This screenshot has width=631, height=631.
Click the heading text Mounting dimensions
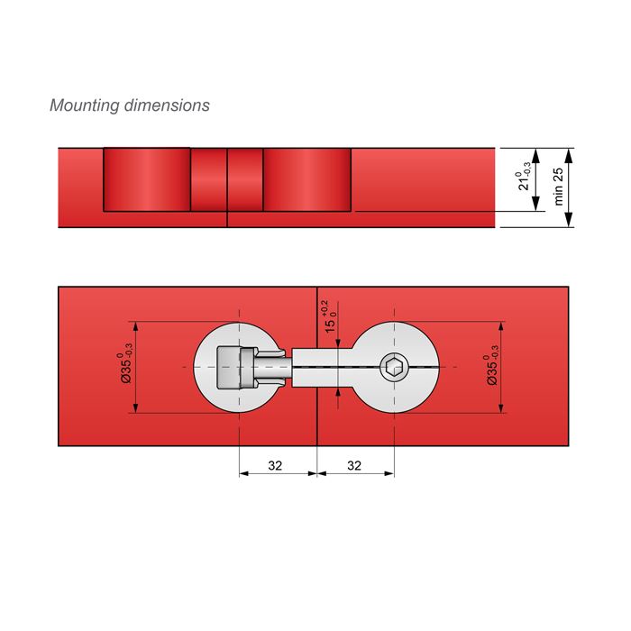pyautogui.click(x=129, y=105)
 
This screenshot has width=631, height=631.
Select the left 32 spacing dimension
pyautogui.click(x=276, y=466)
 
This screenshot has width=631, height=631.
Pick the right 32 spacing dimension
pyautogui.click(x=354, y=466)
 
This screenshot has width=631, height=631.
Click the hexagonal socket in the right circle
pyautogui.click(x=393, y=366)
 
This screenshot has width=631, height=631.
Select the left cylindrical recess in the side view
pyautogui.click(x=146, y=178)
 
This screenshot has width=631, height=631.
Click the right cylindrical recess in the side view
pyautogui.click(x=306, y=178)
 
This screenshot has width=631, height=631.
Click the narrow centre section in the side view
pyautogui.click(x=226, y=178)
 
